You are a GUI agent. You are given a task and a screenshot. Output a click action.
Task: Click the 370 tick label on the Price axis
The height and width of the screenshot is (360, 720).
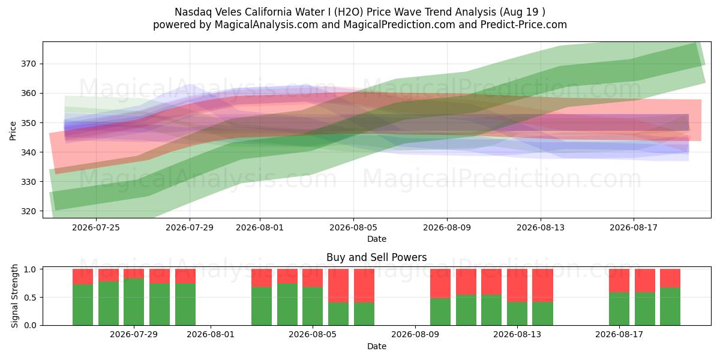coord(28,64)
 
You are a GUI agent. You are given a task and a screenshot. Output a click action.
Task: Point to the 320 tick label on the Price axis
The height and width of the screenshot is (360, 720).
coord(28,211)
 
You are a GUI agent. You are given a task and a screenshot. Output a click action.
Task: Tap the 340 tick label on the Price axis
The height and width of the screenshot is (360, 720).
coord(28,152)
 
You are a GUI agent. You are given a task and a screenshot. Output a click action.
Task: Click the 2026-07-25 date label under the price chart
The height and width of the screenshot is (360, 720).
coord(96,227)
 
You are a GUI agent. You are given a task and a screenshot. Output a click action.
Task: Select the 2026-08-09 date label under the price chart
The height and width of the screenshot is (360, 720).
coord(447,227)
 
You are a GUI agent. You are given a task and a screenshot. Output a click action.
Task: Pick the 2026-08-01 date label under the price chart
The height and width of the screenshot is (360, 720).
coord(260,227)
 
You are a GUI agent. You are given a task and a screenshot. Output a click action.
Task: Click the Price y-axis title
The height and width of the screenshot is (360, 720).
coord(13,131)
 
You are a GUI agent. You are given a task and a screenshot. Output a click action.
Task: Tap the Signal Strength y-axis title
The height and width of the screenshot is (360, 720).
coord(14,296)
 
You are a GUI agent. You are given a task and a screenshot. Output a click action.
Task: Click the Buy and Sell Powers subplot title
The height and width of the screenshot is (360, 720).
coord(376,257)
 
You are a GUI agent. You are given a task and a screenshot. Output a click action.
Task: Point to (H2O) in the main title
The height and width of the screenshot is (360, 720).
coord(349,12)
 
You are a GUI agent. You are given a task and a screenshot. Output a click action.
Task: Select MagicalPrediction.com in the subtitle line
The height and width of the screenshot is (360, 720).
coord(399,25)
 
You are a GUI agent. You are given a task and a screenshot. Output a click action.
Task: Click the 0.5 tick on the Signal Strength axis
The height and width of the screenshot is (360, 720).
coord(30,298)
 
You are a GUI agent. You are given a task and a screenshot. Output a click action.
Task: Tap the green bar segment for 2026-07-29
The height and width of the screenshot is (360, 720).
coord(134,302)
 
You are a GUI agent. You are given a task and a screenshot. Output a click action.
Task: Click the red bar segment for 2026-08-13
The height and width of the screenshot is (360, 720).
coord(517,286)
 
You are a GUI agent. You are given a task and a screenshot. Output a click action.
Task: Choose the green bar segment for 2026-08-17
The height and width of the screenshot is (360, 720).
coord(619,309)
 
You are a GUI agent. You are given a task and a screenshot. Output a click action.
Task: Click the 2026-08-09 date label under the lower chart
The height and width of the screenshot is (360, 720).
coord(415,335)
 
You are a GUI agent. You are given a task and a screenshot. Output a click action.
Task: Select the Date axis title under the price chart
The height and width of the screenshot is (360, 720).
coord(377,239)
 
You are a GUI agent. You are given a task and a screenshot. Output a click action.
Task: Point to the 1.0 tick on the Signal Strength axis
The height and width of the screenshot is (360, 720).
coord(30,269)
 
